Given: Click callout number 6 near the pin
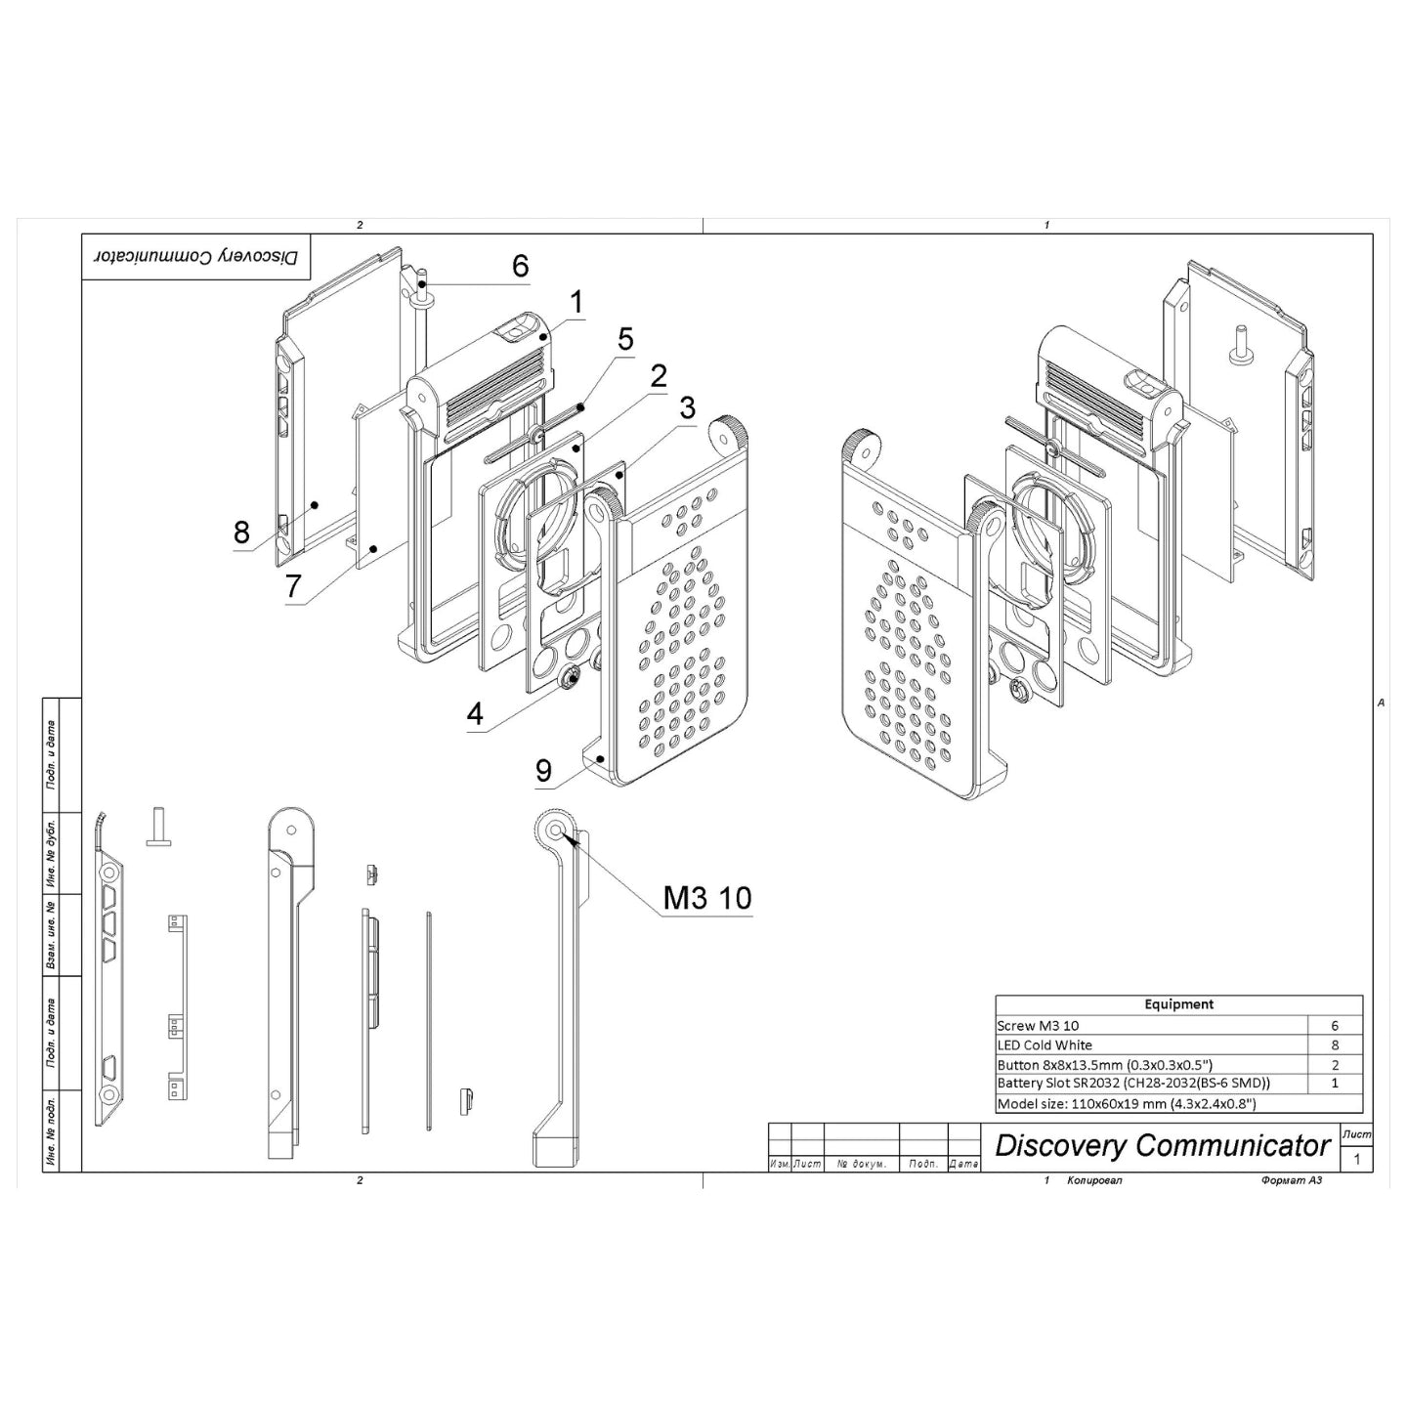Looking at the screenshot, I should tap(520, 266).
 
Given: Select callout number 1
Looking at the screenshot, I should tap(576, 303).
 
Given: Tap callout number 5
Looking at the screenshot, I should tap(625, 340).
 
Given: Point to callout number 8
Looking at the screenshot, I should tap(241, 533).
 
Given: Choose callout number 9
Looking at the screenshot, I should tap(544, 771).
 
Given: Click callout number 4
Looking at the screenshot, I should tap(475, 714).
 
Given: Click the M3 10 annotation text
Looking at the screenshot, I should tap(707, 899).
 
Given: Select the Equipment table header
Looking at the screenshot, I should tap(1178, 1004).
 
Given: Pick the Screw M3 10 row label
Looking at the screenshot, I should tap(1038, 1026).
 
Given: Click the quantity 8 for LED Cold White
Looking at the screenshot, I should tap(1335, 1045).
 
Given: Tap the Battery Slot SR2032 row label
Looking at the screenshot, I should tap(1133, 1084).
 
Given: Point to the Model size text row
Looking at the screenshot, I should tap(1126, 1104).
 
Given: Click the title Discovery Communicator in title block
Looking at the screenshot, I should tap(1163, 1146).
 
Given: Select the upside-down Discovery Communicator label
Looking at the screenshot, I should tap(195, 257).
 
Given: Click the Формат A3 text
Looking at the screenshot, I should tap(1292, 1181).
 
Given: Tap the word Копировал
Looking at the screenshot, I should tap(1095, 1181).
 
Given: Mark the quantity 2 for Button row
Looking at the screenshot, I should tap(1335, 1065).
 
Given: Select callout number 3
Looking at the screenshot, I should tap(688, 407).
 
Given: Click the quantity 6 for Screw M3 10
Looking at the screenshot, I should tap(1335, 1026).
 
